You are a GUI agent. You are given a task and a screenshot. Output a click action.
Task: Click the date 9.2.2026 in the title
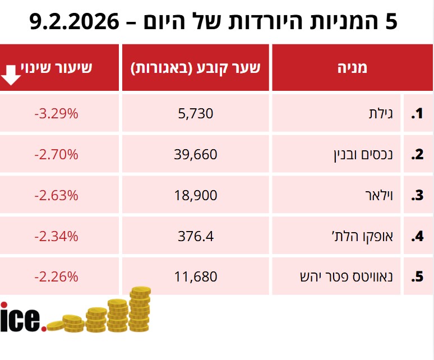[75, 22]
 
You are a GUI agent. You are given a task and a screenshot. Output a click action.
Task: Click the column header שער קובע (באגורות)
[196, 68]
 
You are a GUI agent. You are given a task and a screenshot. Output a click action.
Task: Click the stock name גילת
[383, 114]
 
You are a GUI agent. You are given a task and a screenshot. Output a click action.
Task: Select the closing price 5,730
[196, 114]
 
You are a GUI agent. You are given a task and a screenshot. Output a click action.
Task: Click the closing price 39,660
[196, 155]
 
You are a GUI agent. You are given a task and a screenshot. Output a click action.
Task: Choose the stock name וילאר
[381, 196]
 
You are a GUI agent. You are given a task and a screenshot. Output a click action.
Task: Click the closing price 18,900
[196, 196]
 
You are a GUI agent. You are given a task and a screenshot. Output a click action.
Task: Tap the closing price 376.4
[196, 237]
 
